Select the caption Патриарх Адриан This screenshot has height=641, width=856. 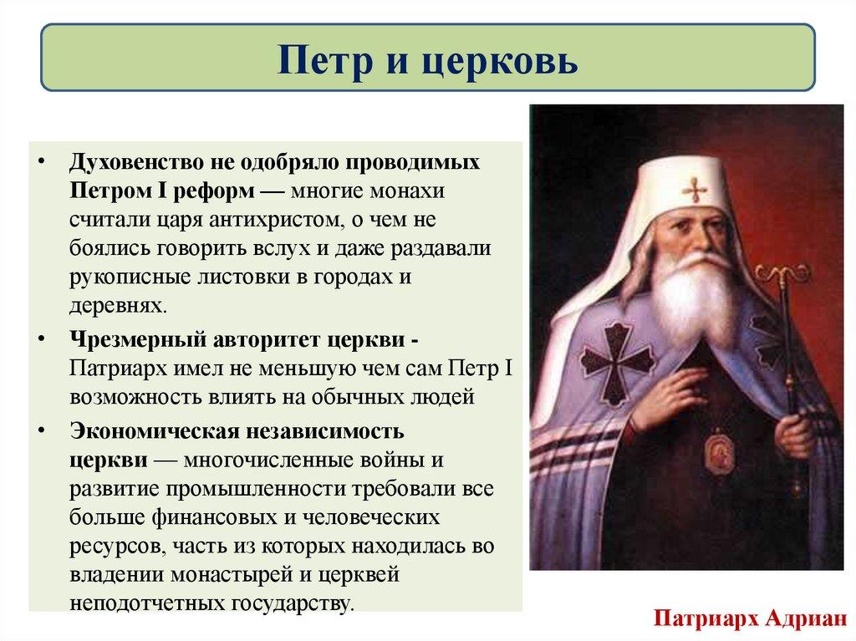tap(749, 619)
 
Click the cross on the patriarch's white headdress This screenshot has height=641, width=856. tap(695, 190)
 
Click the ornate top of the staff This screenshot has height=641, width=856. tap(782, 275)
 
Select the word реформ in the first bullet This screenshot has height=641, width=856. tap(218, 190)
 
